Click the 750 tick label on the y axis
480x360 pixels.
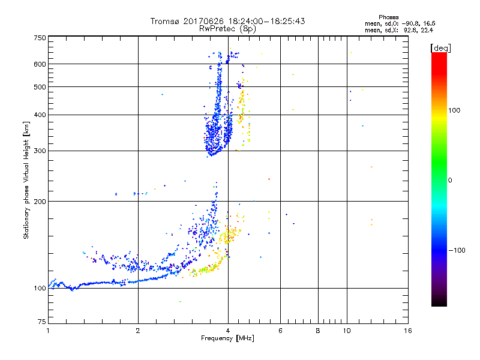40,37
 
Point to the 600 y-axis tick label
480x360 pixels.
40,64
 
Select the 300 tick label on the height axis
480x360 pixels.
40,151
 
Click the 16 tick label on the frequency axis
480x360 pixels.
407,331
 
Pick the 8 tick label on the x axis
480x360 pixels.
318,331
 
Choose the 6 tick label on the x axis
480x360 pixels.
281,331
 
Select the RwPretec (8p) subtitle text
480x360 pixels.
228,28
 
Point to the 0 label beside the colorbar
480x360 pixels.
451,180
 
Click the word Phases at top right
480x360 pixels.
389,17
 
